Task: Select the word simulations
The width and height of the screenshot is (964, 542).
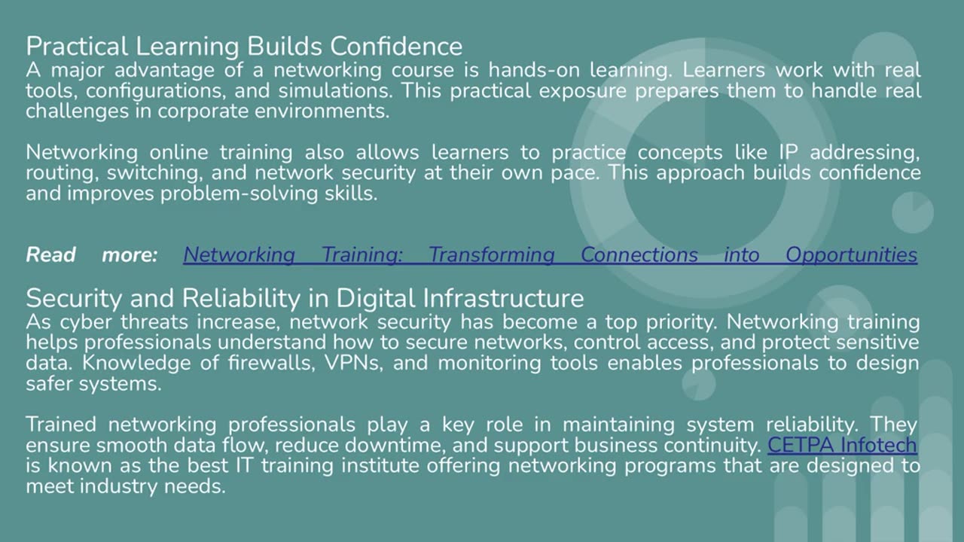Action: pyautogui.click(x=334, y=91)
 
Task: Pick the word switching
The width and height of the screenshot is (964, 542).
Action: pyautogui.click(x=154, y=172)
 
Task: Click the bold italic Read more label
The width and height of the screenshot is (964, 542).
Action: pyautogui.click(x=91, y=254)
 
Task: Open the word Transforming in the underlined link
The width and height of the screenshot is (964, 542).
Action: pyautogui.click(x=491, y=254)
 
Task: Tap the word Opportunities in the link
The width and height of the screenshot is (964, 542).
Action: pyautogui.click(x=851, y=254)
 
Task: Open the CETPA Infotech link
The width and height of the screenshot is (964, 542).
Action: pyautogui.click(x=842, y=445)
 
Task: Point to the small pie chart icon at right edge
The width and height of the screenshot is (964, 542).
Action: pyautogui.click(x=913, y=212)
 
